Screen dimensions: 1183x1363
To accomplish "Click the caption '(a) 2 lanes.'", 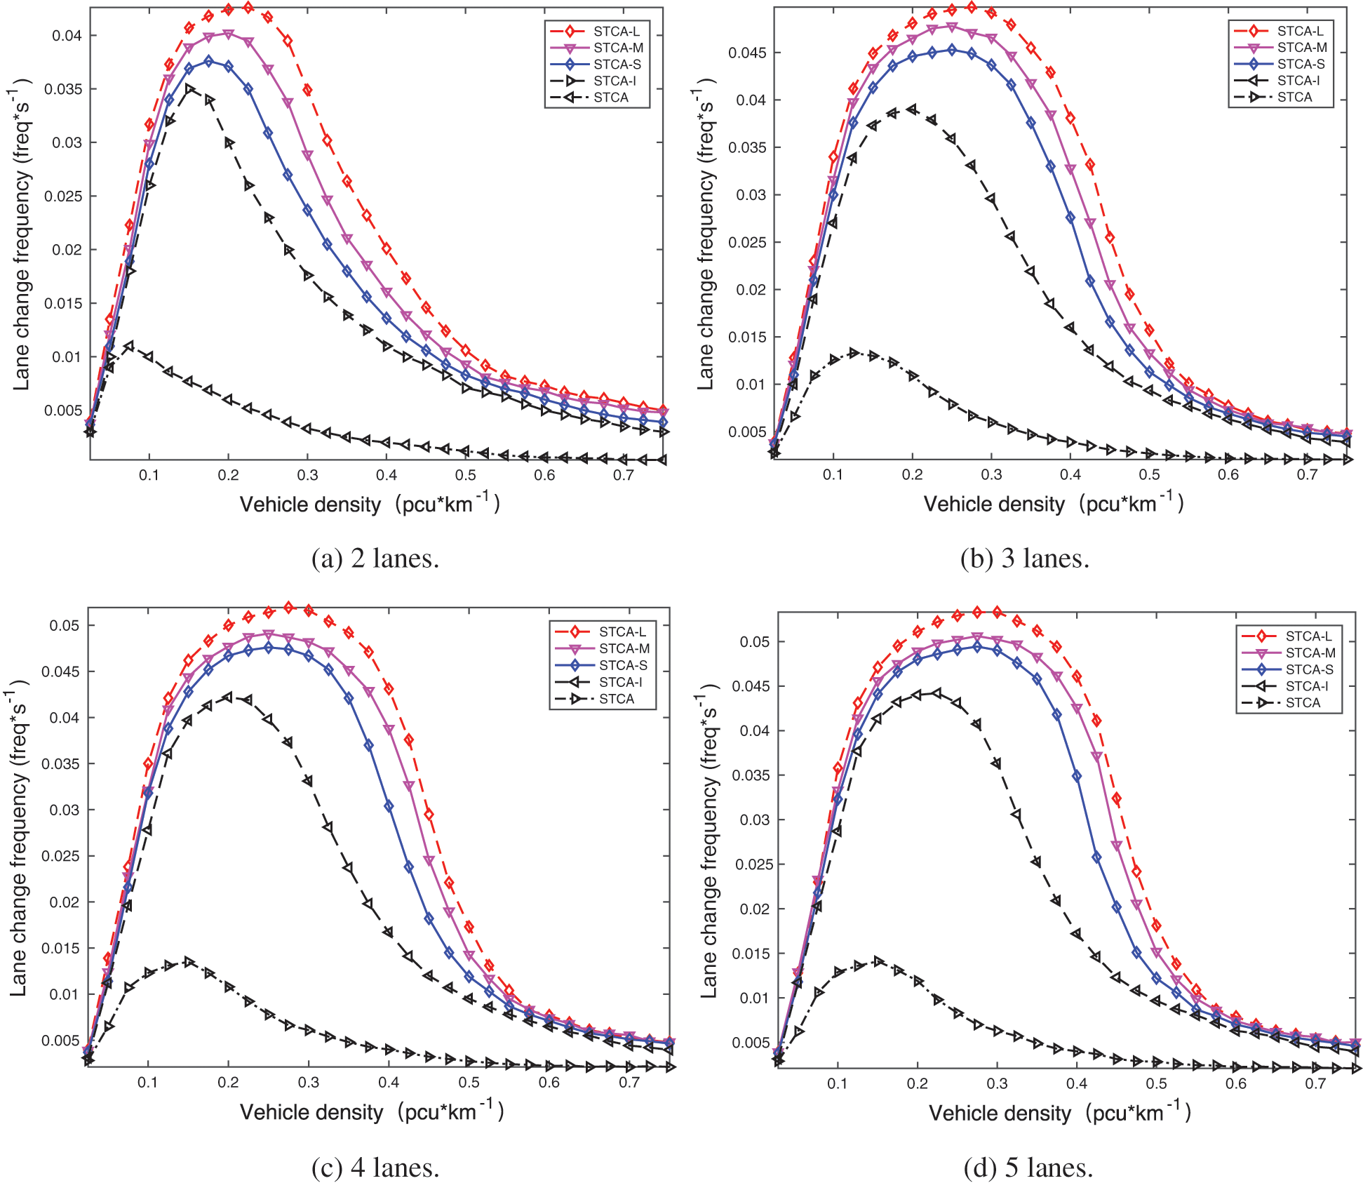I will pyautogui.click(x=375, y=559).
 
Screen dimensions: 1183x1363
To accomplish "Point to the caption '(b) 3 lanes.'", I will pyautogui.click(x=1025, y=559).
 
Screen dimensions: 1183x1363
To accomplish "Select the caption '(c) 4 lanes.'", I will pyautogui.click(x=375, y=1168).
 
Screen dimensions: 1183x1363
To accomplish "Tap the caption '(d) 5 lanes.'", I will pyautogui.click(x=1028, y=1168).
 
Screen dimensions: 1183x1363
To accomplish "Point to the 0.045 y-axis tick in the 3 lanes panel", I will pyautogui.click(x=747, y=53).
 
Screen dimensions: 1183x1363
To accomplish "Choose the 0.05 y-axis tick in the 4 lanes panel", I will pyautogui.click(x=65, y=625).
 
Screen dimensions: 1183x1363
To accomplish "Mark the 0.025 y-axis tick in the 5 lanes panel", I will pyautogui.click(x=754, y=864).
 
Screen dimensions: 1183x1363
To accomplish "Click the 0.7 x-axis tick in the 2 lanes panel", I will pyautogui.click(x=624, y=475).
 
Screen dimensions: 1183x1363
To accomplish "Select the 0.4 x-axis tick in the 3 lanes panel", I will pyautogui.click(x=1070, y=474).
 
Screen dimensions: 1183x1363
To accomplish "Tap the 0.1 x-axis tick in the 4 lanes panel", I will pyautogui.click(x=148, y=1083).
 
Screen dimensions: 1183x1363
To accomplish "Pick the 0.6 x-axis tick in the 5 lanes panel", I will pyautogui.click(x=1236, y=1083).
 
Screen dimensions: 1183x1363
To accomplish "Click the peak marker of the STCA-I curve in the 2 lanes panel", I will pyautogui.click(x=189, y=89).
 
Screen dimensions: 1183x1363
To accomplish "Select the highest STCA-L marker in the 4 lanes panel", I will pyautogui.click(x=288, y=607).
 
